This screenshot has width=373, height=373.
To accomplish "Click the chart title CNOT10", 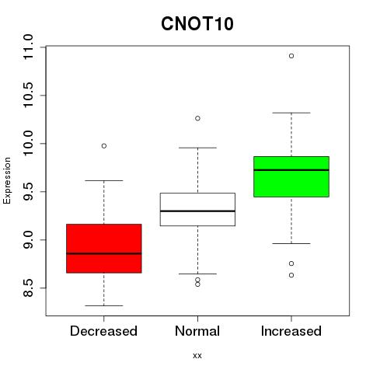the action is pos(197,24).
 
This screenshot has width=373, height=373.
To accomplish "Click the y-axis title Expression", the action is pos(7,181).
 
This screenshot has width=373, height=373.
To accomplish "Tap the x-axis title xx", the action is pos(197,355).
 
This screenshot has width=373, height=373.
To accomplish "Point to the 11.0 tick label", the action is pos(27,47).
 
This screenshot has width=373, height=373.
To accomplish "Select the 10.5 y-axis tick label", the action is pos(27,95).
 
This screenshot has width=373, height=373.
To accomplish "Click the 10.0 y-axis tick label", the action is pos(27,143).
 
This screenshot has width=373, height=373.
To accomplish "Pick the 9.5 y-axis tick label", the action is pos(27,191).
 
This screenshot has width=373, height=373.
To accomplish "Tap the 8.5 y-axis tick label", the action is pos(27,288).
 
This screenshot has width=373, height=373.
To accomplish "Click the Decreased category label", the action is pos(103,331).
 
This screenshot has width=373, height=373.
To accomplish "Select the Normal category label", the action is pos(197,331).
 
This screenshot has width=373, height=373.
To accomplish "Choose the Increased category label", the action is pos(291,331).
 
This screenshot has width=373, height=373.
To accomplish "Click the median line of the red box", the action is pos(104,253).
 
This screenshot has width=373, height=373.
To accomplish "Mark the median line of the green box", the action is pos(291,170).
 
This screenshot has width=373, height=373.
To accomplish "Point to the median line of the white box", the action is pos(197,211).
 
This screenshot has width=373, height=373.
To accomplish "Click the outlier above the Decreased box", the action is pos(104,146).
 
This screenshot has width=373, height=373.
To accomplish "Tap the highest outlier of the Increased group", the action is pos(291,56).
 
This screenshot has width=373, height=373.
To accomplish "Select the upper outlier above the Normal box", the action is pos(197,118).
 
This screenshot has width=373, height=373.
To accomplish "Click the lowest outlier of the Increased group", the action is pos(291,275).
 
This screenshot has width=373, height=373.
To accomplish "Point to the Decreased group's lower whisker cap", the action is pos(104,305).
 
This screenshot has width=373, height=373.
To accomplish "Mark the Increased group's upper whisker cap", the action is pos(291,113).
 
